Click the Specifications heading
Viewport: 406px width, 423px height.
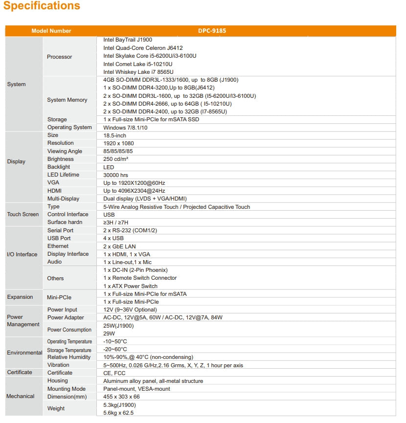coord(42,6)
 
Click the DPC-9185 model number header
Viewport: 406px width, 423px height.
coord(211,31)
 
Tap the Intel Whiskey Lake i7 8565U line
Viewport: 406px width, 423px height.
coord(138,72)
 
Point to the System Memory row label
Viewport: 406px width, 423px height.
coord(67,100)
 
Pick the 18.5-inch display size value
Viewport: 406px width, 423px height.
coord(114,135)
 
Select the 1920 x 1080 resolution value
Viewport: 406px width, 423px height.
coord(118,143)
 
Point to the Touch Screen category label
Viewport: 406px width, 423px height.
coord(23,215)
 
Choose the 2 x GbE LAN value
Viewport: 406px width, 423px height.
coord(119,246)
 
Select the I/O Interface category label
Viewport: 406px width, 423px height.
coord(22,254)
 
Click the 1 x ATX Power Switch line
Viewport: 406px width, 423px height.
coord(130,286)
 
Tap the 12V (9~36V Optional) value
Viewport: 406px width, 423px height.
coord(130,310)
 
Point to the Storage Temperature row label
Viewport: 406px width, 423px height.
coord(69,350)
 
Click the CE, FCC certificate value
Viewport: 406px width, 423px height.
coord(114,373)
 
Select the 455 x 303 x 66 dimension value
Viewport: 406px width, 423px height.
coord(121,397)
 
